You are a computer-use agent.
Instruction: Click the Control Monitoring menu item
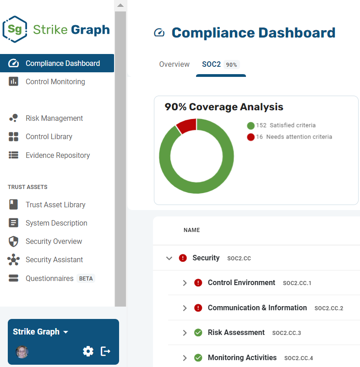click(55, 82)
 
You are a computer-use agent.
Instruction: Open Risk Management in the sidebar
click(54, 118)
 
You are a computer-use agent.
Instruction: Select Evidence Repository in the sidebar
click(58, 155)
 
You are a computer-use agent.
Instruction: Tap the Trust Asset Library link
click(55, 205)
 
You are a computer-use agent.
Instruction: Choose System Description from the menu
click(56, 223)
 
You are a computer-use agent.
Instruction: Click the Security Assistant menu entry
click(54, 259)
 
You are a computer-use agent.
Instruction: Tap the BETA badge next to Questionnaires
click(86, 278)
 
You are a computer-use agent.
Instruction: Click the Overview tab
click(174, 64)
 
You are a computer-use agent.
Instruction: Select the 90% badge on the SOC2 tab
click(231, 65)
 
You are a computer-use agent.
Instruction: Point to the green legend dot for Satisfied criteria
click(251, 125)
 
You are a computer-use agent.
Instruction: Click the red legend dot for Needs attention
click(251, 137)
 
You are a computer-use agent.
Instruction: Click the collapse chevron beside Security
click(169, 258)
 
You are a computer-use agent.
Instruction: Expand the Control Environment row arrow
click(185, 283)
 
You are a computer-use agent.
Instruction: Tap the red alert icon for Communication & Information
click(198, 308)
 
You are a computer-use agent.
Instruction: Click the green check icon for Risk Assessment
click(198, 333)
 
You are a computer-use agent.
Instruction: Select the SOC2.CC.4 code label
click(299, 358)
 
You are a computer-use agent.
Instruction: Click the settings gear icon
click(88, 351)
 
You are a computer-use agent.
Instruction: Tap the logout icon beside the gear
click(105, 351)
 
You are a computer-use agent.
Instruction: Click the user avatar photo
click(22, 352)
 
